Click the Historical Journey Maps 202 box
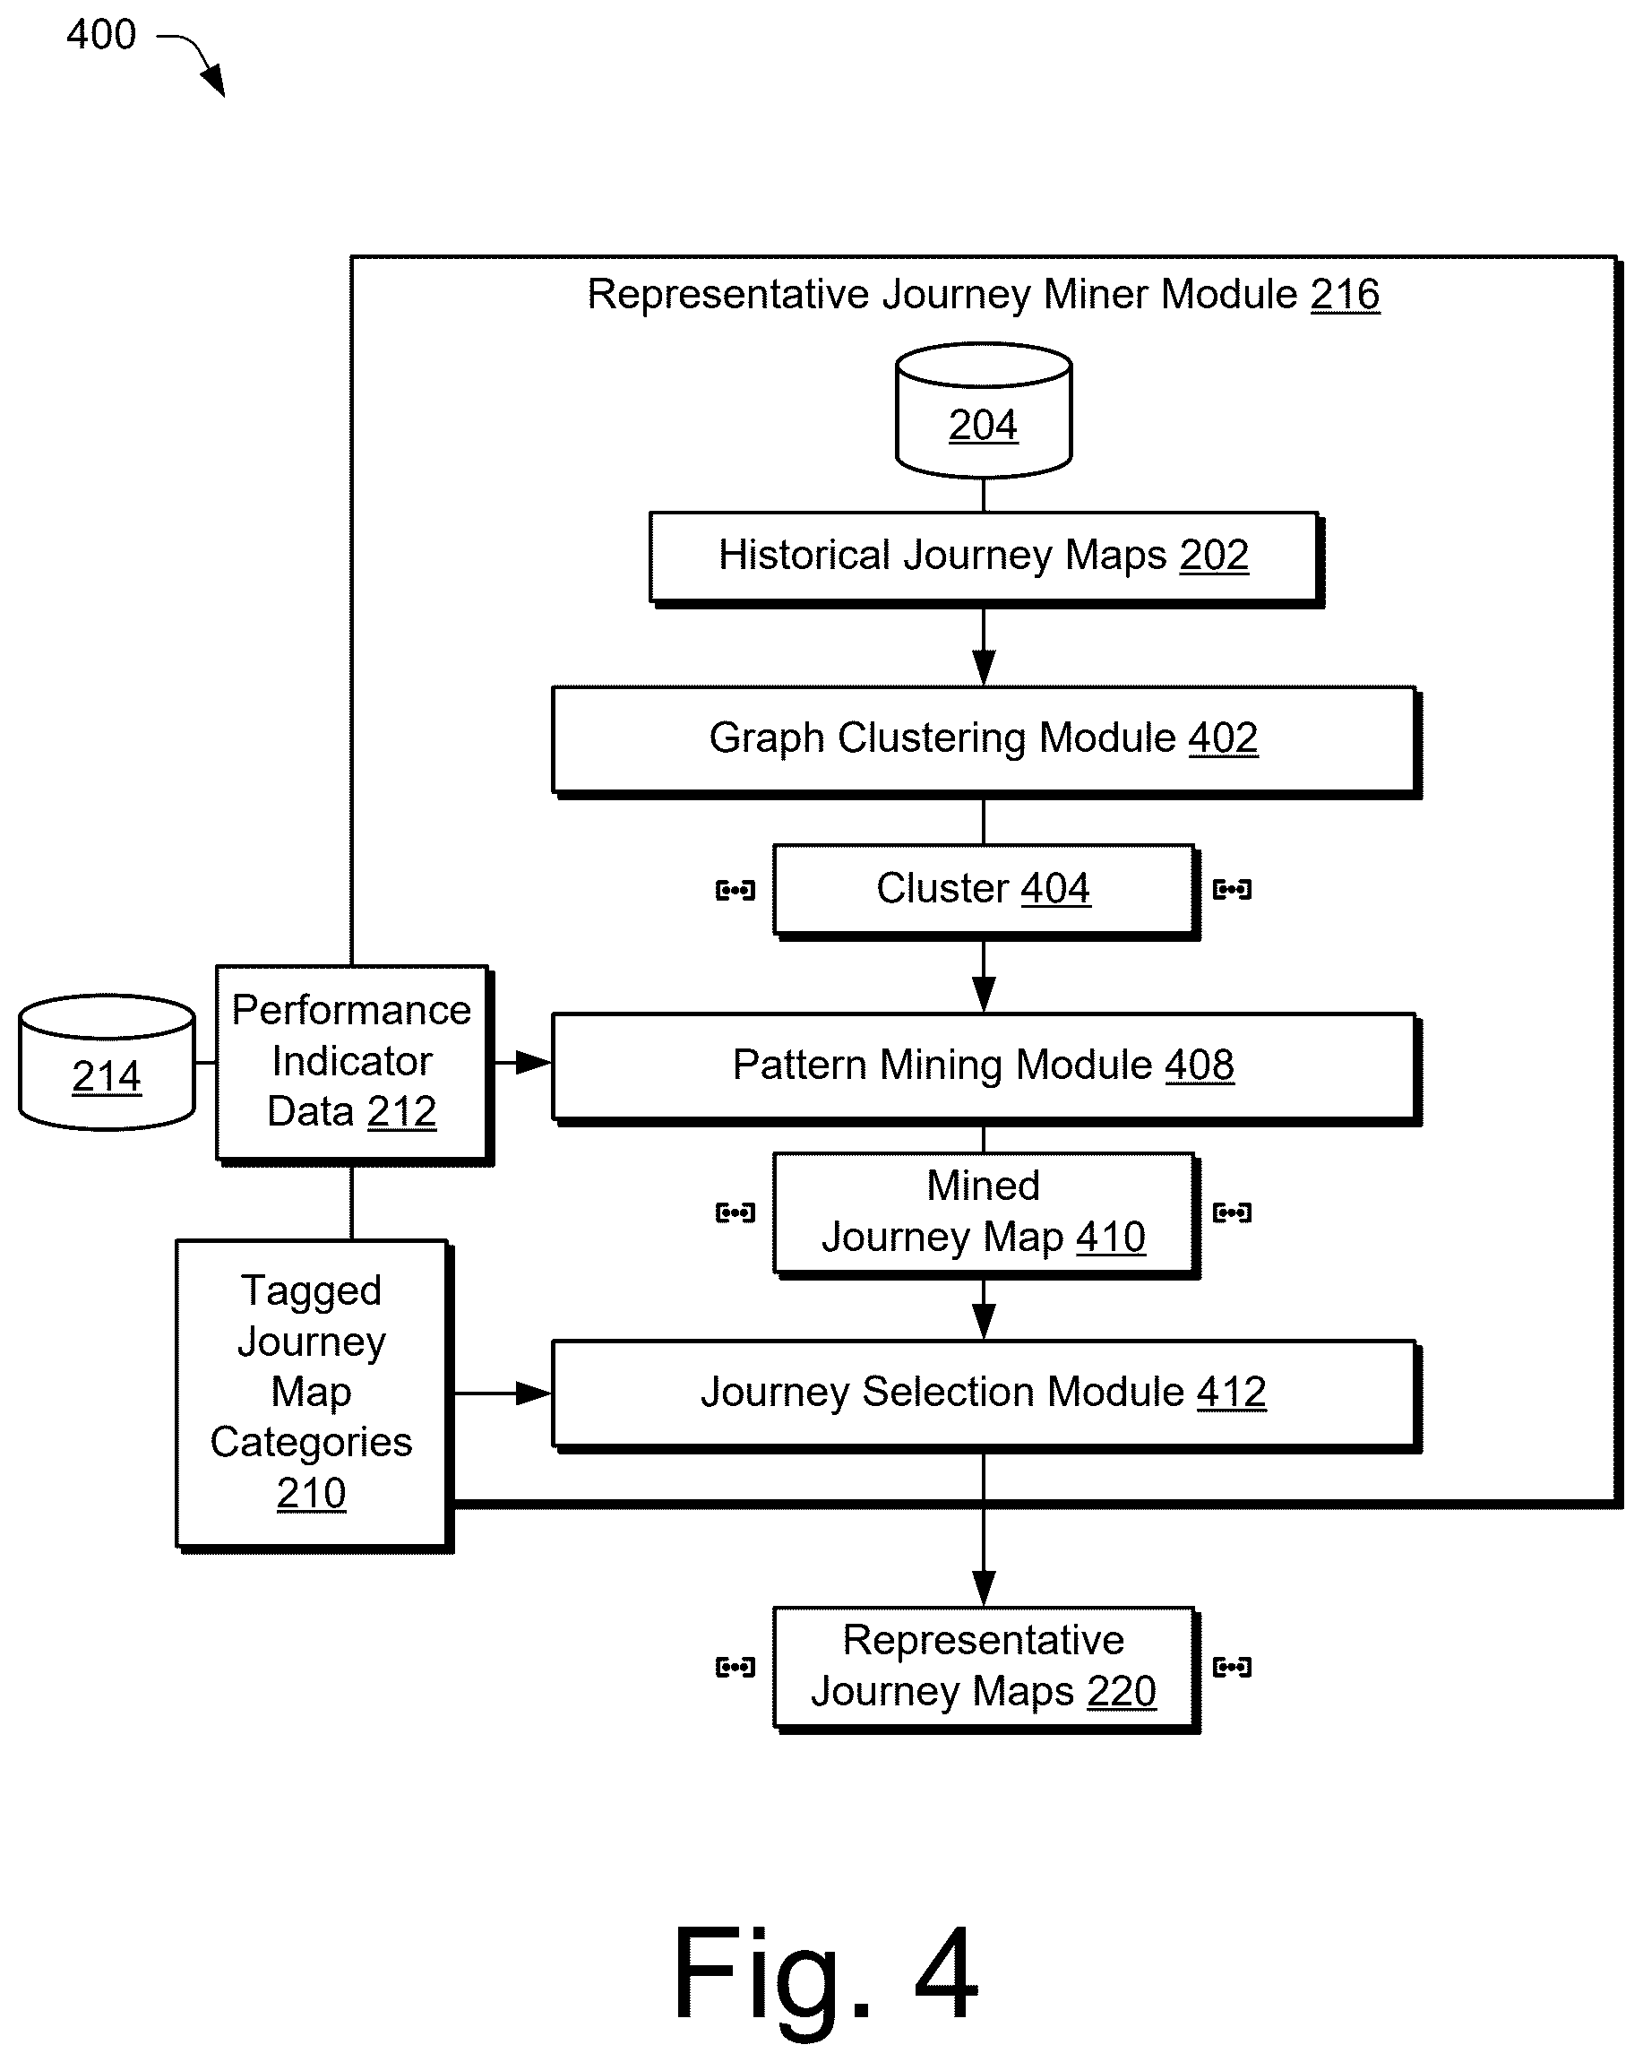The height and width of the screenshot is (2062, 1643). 985,557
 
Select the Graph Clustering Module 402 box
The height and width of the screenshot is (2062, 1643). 985,740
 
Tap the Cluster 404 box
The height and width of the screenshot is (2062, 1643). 985,891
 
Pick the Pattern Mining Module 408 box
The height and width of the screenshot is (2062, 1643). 985,1067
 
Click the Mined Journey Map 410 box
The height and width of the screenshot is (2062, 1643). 985,1213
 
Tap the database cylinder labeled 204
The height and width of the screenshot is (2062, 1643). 983,410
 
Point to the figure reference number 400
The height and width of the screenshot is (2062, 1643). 101,35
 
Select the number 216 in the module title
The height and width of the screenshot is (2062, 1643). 1345,295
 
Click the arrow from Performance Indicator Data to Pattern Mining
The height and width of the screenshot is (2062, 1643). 523,1063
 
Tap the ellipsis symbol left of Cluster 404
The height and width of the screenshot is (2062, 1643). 735,892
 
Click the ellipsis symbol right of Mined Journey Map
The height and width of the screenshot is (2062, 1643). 1232,1212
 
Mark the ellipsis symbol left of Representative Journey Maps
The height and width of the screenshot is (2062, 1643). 735,1668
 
